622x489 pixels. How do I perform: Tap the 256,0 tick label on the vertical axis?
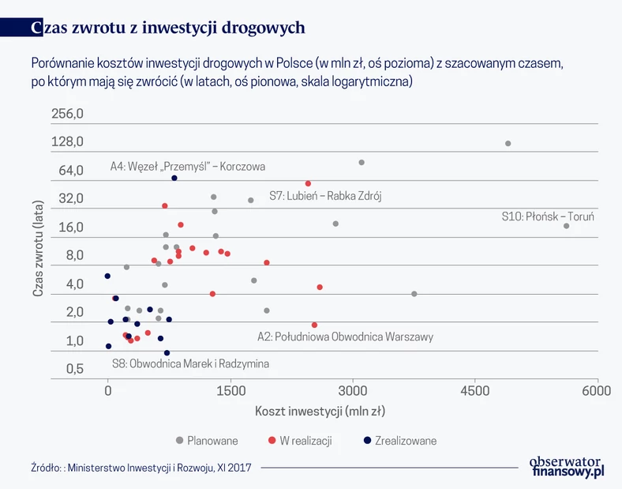click(x=68, y=114)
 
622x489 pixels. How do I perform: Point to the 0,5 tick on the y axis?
click(x=75, y=369)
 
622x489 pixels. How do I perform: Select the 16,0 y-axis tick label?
click(x=69, y=228)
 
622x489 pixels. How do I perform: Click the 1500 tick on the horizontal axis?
click(x=230, y=389)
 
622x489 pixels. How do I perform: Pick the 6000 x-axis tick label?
click(x=597, y=389)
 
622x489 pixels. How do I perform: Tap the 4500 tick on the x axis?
click(x=474, y=389)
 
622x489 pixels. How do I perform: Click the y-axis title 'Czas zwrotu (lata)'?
click(x=38, y=247)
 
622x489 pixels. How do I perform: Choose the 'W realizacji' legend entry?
click(x=305, y=441)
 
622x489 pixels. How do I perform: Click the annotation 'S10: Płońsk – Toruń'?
click(x=547, y=216)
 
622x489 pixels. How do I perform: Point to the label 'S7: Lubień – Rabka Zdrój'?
click(x=325, y=196)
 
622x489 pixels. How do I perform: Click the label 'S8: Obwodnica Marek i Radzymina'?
click(x=190, y=364)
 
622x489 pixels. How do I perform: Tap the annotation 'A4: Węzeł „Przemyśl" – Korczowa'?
click(x=188, y=167)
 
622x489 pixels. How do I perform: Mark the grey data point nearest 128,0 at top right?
click(x=508, y=143)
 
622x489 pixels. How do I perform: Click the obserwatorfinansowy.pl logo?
click(x=566, y=466)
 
